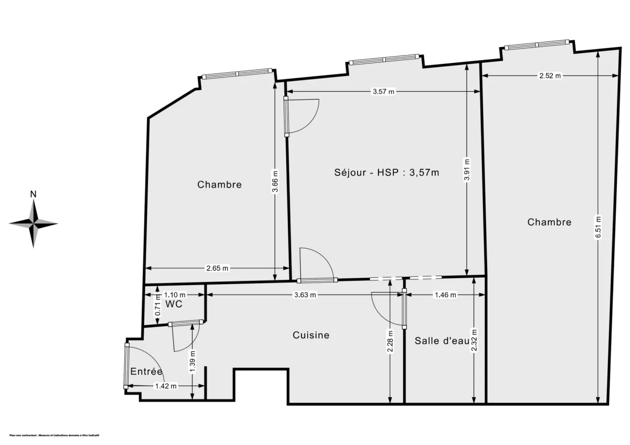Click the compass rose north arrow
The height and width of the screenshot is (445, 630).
34,210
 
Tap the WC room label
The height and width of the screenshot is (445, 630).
173,304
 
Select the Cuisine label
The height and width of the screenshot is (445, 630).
311,335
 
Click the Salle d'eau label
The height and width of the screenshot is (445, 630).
441,341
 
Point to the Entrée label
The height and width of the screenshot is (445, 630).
146,372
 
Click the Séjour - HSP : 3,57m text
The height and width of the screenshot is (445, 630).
386,172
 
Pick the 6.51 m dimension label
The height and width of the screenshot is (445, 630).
598,229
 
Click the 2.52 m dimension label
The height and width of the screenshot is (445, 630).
550,76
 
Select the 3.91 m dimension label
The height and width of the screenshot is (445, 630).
467,170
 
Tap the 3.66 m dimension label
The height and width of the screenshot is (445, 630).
276,182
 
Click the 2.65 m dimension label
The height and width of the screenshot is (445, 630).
217,268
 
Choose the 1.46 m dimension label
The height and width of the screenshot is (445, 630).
446,295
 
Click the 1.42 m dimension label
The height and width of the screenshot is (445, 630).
165,386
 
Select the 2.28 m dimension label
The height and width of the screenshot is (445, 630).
390,341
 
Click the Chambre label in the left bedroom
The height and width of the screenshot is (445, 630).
219,184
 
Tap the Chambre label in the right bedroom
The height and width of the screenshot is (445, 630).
549,222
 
